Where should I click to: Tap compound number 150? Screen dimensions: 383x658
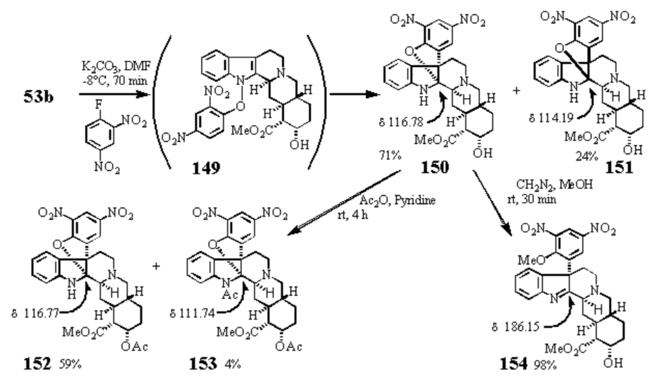coord(435,167)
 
